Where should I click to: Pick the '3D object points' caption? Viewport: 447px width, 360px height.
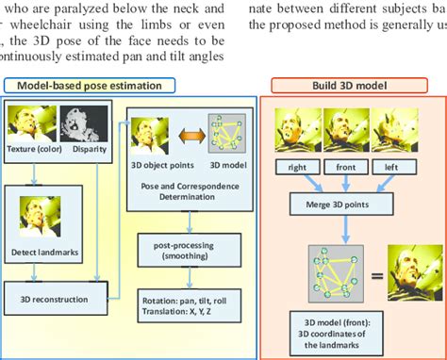(157, 161)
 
